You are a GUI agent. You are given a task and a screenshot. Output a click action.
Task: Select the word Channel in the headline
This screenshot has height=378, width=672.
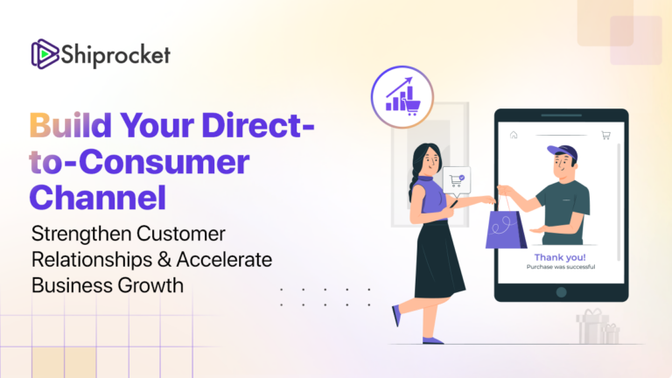pos(98,196)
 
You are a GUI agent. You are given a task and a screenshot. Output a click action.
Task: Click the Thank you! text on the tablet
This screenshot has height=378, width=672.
pos(560,257)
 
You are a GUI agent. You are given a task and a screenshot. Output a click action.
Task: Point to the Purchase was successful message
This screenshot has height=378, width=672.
pos(560,267)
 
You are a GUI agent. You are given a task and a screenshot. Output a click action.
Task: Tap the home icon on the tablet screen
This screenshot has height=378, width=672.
pos(514,136)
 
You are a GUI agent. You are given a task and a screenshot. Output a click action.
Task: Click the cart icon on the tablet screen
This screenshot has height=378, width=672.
pos(605,136)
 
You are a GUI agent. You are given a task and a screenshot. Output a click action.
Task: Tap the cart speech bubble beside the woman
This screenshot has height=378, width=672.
pos(456,180)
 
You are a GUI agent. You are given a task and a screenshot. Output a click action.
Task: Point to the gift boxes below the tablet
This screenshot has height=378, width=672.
pos(597,327)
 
